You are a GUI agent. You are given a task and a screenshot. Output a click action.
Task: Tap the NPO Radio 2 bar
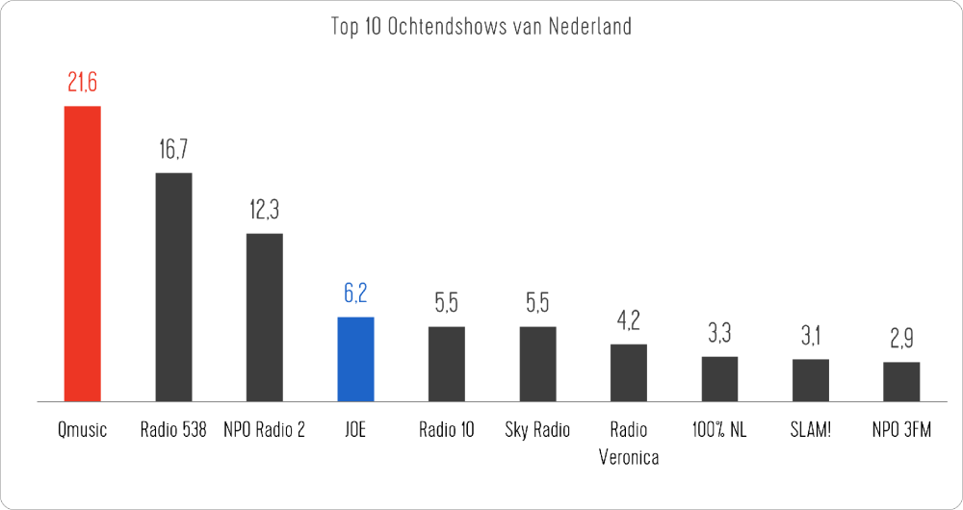pos(265,317)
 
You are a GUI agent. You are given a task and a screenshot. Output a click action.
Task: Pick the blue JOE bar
pos(355,359)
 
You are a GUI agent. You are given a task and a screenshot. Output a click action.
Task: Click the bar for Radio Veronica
pos(629,372)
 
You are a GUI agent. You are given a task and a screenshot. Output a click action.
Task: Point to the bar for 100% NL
pos(719,378)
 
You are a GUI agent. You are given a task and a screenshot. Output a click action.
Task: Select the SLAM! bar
pos(811,380)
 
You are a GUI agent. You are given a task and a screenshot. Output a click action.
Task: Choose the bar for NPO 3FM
pos(901,381)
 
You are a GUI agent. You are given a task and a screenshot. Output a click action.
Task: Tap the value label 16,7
pos(173,150)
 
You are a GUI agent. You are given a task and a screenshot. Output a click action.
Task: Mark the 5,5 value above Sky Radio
pos(537,304)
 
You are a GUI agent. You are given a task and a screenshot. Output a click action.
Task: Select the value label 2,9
pos(901,340)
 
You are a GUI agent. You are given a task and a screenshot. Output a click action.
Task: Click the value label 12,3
pos(265,211)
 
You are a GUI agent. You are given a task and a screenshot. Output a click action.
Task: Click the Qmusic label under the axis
pos(82,430)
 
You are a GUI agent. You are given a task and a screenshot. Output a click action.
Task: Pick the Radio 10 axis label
pos(447,430)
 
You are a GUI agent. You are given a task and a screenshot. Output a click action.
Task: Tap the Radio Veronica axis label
pos(629,444)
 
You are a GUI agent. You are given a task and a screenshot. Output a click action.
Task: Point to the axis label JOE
pos(355,430)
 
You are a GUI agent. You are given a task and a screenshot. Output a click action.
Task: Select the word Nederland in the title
pos(589,26)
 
